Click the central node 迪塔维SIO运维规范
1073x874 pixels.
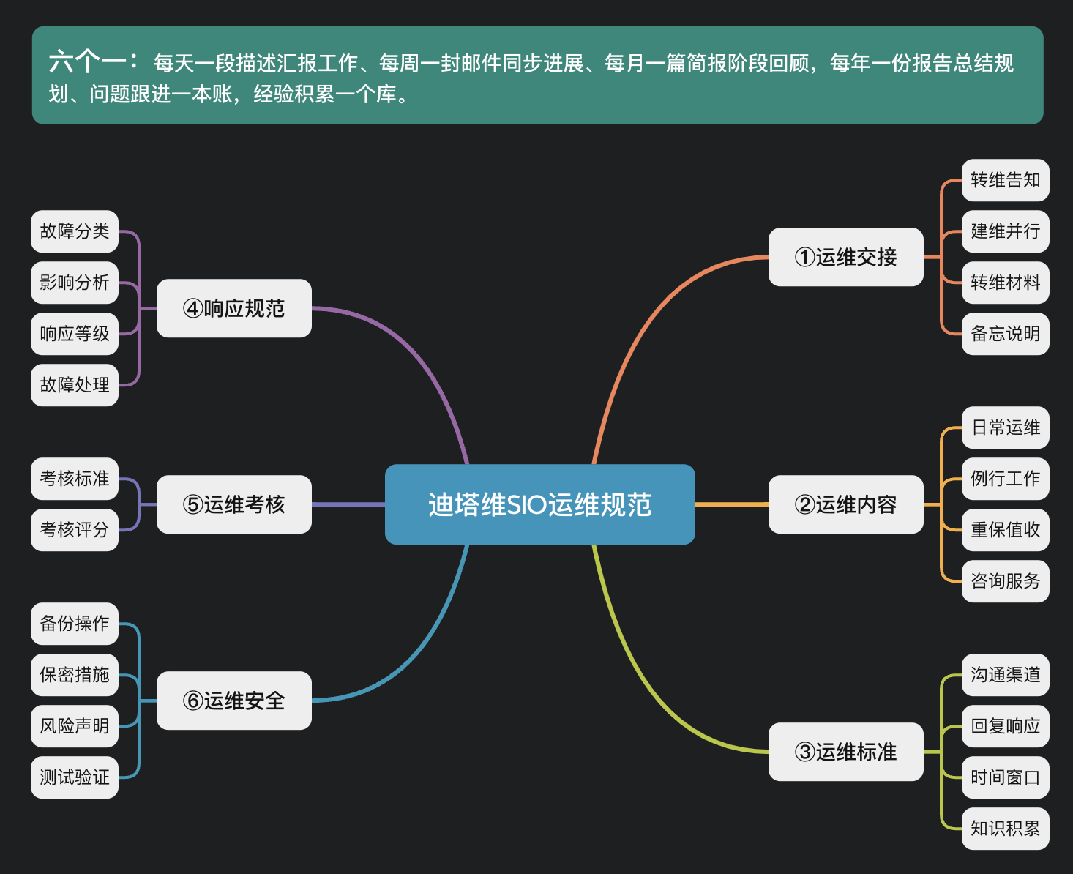tap(539, 504)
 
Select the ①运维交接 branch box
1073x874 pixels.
tap(845, 257)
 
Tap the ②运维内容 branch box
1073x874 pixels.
tap(845, 504)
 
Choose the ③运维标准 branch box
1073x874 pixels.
tap(845, 752)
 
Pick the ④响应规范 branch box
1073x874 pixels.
tap(233, 308)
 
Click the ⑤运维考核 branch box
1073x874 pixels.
tap(233, 504)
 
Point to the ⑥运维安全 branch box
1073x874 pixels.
tap(233, 701)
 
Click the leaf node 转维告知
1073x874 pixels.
tap(1005, 180)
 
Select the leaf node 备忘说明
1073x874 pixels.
tap(1005, 334)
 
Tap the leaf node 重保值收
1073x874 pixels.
tap(1005, 530)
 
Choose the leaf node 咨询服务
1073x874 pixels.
tap(1005, 581)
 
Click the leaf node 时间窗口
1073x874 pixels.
tap(1005, 777)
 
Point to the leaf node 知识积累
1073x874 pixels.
tap(1005, 829)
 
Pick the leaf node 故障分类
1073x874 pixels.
tap(75, 231)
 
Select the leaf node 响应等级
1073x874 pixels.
tap(75, 334)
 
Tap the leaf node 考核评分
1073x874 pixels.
tap(75, 530)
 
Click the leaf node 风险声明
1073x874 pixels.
tap(75, 726)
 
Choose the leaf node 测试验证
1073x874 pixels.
tap(75, 777)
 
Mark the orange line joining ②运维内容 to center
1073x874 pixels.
tap(731, 504)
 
